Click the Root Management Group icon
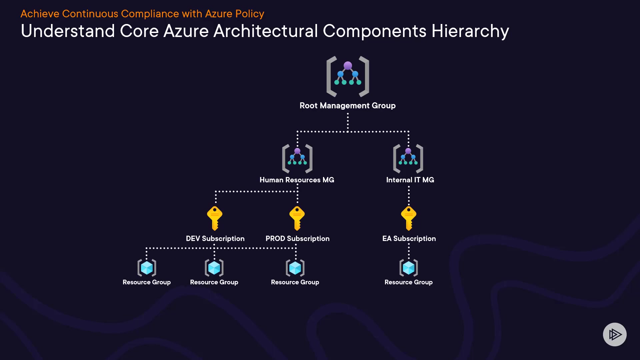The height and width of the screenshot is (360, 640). [348, 76]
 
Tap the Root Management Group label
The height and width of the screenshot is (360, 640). [348, 106]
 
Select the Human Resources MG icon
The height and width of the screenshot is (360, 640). [297, 159]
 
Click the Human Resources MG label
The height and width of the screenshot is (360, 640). [297, 180]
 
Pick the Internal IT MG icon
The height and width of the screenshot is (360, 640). [408, 159]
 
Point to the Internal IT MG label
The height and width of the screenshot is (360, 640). [410, 180]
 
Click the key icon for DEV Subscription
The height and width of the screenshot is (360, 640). [215, 218]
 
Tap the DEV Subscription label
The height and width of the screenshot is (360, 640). [215, 239]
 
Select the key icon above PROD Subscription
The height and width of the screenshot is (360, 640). [297, 218]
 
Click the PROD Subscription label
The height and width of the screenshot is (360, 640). [298, 239]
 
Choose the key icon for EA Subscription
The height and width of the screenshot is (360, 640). [409, 218]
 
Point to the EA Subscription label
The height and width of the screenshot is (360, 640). [409, 239]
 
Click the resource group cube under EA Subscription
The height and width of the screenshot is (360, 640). [409, 268]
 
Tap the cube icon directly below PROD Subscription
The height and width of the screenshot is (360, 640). [295, 268]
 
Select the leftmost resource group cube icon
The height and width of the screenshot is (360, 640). [147, 268]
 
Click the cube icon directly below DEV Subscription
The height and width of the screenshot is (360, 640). [214, 268]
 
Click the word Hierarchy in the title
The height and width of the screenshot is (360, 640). [470, 31]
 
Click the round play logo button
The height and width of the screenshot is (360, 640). [615, 334]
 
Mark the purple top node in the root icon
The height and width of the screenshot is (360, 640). [348, 66]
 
